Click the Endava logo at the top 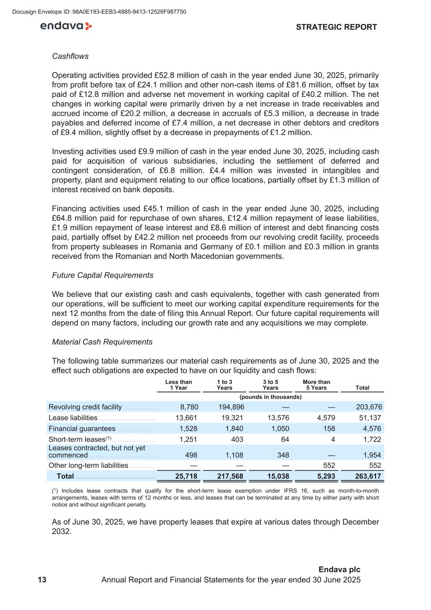pyautogui.click(x=66, y=26)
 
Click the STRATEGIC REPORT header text pyautogui.click(x=336, y=27)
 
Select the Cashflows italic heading pyautogui.click(x=70, y=56)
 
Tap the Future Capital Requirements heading pyautogui.click(x=102, y=275)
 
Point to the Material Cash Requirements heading pyautogui.click(x=102, y=342)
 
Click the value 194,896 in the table pyautogui.click(x=231, y=407)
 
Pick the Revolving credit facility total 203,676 pyautogui.click(x=368, y=407)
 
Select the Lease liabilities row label pyautogui.click(x=73, y=418)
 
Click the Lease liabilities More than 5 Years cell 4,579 pyautogui.click(x=326, y=418)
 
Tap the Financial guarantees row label pyautogui.click(x=82, y=429)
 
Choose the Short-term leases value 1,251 pyautogui.click(x=188, y=439)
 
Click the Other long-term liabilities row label pyautogui.click(x=88, y=465)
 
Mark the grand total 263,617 pyautogui.click(x=368, y=476)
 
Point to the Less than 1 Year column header pyautogui.click(x=178, y=385)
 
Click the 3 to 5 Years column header pyautogui.click(x=270, y=385)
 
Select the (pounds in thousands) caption pyautogui.click(x=270, y=397)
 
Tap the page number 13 pyautogui.click(x=42, y=580)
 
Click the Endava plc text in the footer pyautogui.click(x=339, y=570)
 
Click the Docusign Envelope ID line pyautogui.click(x=99, y=12)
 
